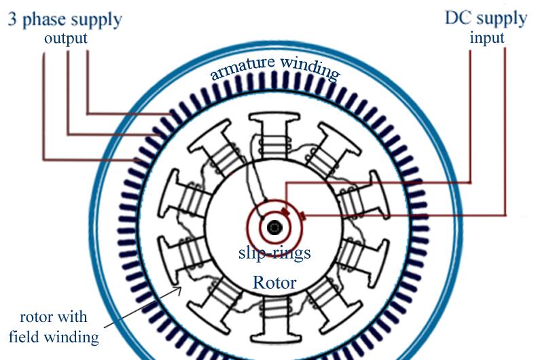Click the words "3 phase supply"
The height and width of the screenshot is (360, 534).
click(x=65, y=18)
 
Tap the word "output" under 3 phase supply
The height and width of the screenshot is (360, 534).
click(x=66, y=38)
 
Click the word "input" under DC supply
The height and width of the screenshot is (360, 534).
click(x=487, y=37)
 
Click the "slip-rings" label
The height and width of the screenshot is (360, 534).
click(x=274, y=253)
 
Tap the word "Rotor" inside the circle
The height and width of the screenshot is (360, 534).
click(x=274, y=282)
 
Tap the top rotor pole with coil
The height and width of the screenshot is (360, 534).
click(x=274, y=139)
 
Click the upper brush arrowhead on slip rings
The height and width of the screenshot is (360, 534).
click(x=286, y=212)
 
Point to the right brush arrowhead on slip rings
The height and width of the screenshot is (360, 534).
click(x=300, y=217)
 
